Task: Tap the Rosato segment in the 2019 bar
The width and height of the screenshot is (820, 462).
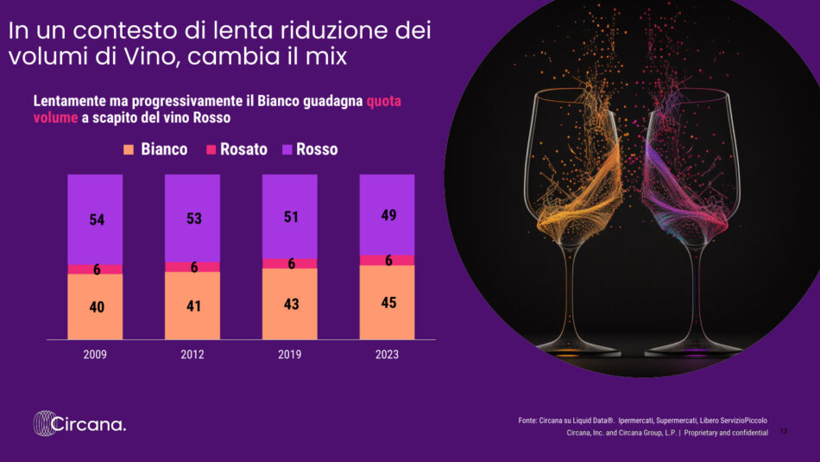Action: click(x=290, y=263)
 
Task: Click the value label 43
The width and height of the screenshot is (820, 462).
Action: click(x=291, y=305)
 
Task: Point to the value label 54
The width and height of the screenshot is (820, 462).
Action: click(x=97, y=220)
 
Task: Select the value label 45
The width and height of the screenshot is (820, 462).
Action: click(x=388, y=303)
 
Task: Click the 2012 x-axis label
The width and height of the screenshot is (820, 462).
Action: click(x=192, y=354)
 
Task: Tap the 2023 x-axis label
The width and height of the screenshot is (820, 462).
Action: click(x=387, y=354)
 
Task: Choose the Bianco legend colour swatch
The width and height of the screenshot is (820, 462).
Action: click(x=129, y=149)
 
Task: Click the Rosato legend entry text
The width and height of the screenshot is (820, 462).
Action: click(x=243, y=149)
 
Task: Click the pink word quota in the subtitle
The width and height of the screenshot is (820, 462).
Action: click(x=384, y=101)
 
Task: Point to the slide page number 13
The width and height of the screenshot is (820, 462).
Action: click(x=783, y=432)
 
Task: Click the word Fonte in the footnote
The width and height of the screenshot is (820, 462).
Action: click(x=528, y=420)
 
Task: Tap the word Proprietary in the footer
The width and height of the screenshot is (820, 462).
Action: click(x=704, y=433)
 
